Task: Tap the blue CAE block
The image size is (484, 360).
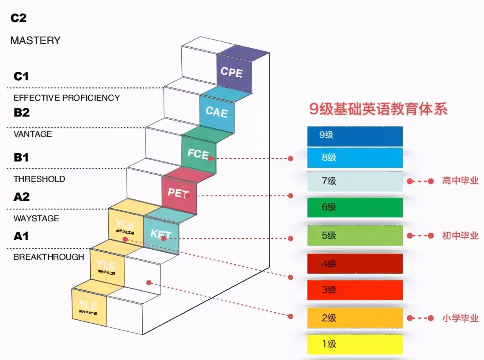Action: (217, 112)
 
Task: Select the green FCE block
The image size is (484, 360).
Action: (199, 154)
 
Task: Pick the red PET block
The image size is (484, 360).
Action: (179, 193)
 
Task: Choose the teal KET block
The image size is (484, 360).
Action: (161, 234)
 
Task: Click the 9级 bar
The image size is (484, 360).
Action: (355, 135)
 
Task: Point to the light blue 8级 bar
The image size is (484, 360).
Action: (355, 158)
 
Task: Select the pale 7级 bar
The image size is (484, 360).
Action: (355, 182)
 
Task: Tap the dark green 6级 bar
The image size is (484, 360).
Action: (355, 207)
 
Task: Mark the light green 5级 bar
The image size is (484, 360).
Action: (355, 236)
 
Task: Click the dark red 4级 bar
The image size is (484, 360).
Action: (355, 264)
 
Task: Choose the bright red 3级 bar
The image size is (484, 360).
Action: (355, 290)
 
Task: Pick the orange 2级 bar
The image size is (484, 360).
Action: (355, 318)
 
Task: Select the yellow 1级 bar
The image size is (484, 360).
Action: (355, 344)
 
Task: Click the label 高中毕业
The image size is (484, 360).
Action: (460, 181)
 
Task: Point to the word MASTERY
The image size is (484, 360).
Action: (35, 41)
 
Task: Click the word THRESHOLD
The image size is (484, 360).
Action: (39, 179)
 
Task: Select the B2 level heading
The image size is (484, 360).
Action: (22, 113)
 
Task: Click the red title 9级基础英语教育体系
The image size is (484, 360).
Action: (378, 109)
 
